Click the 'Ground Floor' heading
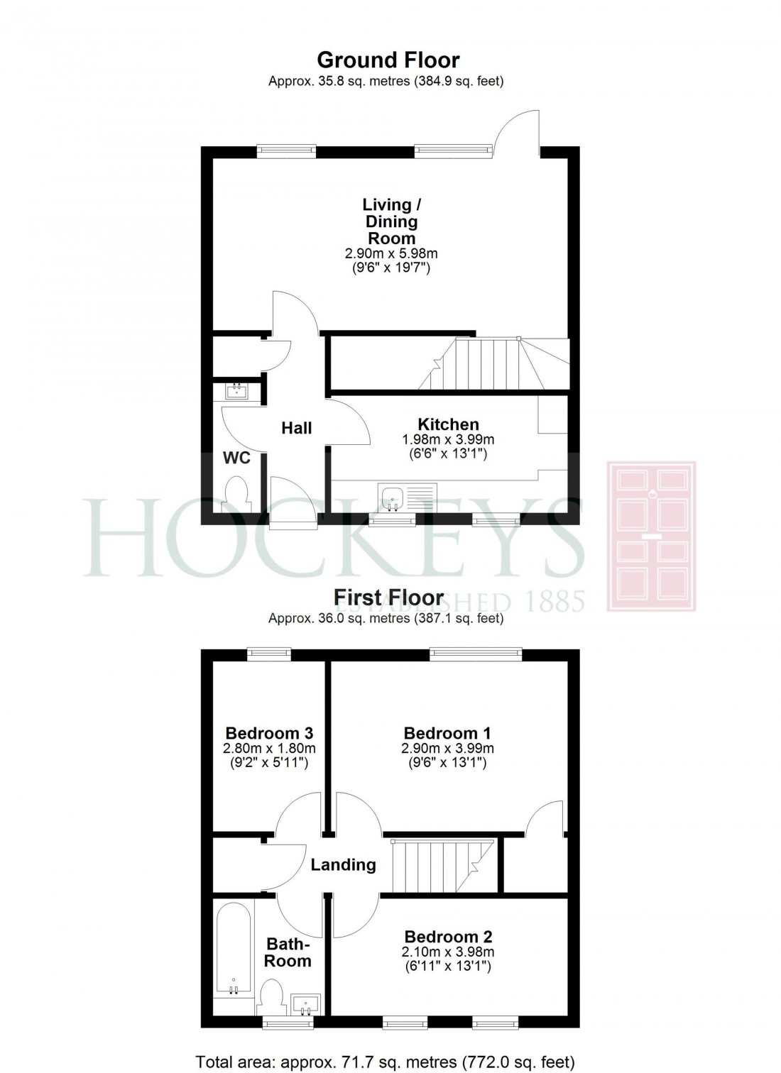click(388, 60)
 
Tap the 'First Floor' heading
click(388, 598)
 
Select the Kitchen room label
click(448, 424)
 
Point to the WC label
click(236, 458)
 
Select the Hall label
click(296, 428)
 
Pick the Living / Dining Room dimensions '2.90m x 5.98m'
click(391, 253)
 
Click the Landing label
click(343, 864)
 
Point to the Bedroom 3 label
click(269, 733)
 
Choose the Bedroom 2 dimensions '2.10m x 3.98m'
click(448, 952)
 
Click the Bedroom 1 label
click(447, 733)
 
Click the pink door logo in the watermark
click(650, 536)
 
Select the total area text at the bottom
click(385, 1062)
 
